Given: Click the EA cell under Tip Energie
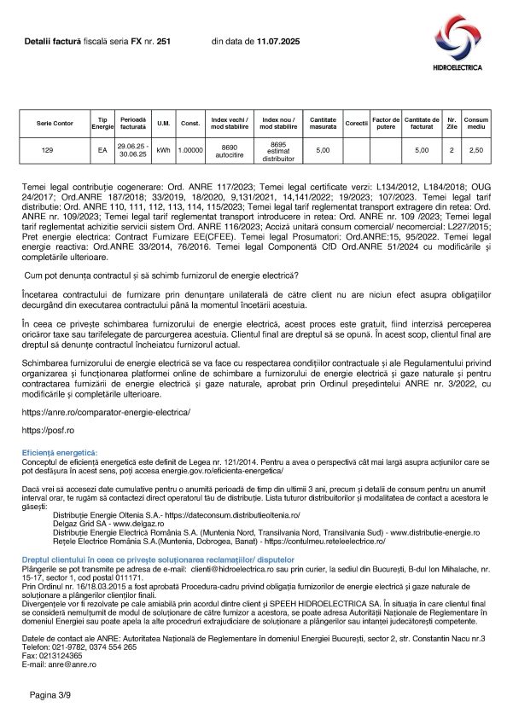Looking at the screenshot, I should point(102,150).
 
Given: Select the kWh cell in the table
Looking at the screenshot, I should point(163,150).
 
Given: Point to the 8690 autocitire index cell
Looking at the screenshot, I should point(228,150).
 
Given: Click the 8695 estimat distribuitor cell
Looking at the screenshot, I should point(277,150).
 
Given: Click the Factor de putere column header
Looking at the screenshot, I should point(386,123).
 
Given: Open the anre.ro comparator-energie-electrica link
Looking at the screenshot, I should point(106,412).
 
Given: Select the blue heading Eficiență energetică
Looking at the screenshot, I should point(60,451).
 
